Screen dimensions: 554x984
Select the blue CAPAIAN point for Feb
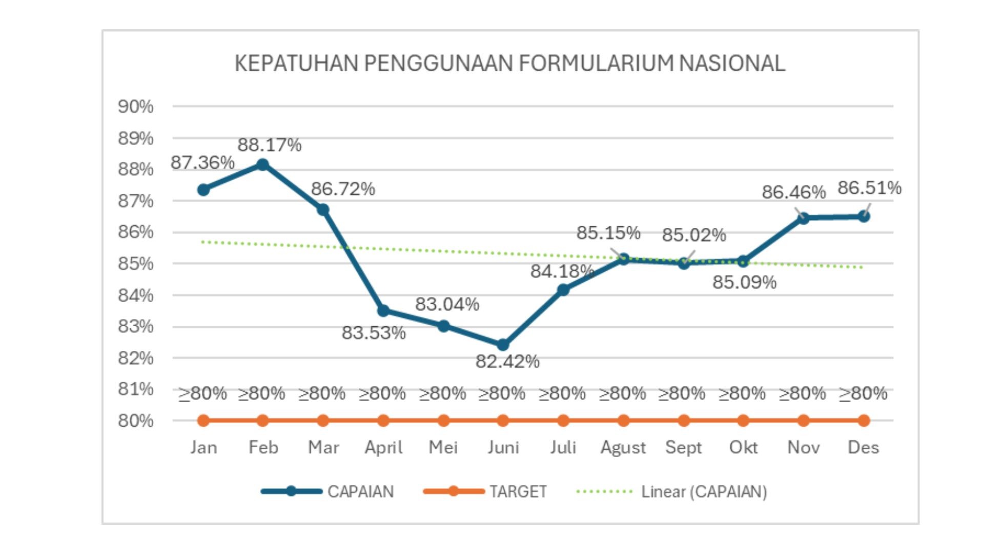tap(262, 165)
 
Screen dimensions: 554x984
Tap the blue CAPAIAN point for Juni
tap(503, 345)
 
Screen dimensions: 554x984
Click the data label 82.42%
tap(507, 362)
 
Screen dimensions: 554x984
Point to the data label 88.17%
tap(269, 145)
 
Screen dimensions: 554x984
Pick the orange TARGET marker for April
tap(383, 421)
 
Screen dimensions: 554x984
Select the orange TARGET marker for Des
tap(864, 421)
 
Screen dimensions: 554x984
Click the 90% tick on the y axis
tap(136, 107)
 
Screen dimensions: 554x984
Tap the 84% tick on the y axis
tap(136, 295)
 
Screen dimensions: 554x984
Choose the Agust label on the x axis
tap(623, 448)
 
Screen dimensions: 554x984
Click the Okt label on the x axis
tap(743, 447)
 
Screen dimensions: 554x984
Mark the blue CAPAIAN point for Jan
tap(203, 190)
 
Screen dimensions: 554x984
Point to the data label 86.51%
tap(869, 188)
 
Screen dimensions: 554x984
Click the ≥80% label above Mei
tap(442, 393)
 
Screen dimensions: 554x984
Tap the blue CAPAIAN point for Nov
tap(804, 218)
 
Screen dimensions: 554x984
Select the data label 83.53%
tap(374, 333)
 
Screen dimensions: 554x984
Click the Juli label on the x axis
tap(563, 447)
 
